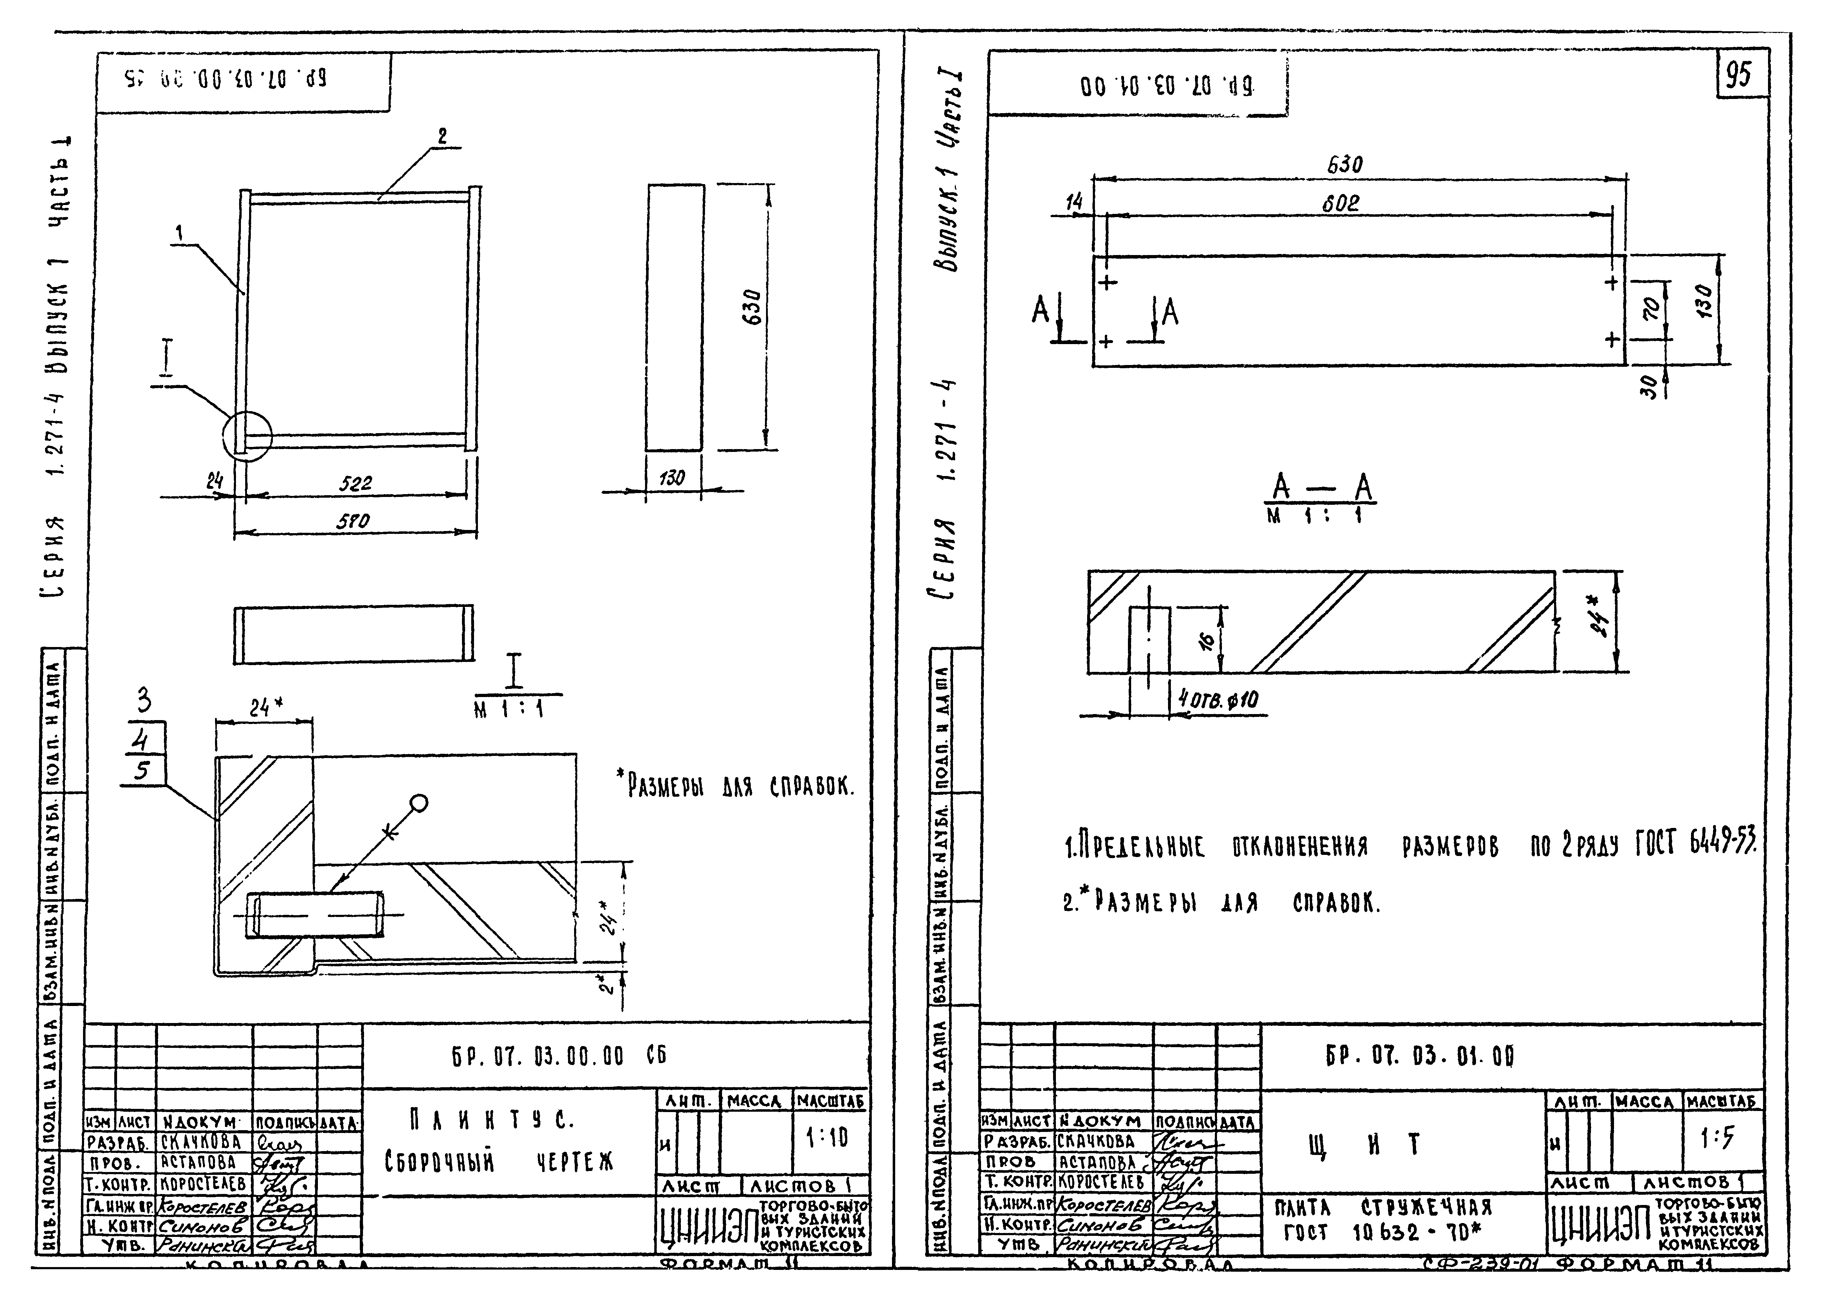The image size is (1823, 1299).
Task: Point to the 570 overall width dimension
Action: [x=353, y=521]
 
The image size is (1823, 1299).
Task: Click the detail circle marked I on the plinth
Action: [x=248, y=436]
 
